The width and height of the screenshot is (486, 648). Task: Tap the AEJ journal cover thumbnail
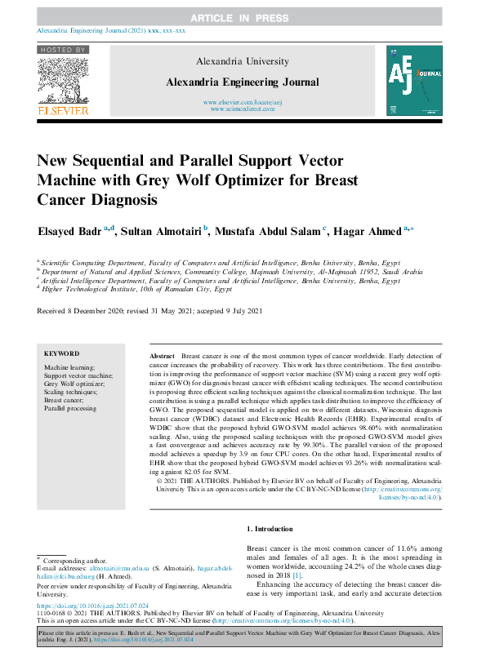[415, 79]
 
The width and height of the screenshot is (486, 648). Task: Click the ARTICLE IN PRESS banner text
[243, 17]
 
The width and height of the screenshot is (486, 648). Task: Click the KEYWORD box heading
[61, 354]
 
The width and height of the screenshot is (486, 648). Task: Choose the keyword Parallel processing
[72, 407]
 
